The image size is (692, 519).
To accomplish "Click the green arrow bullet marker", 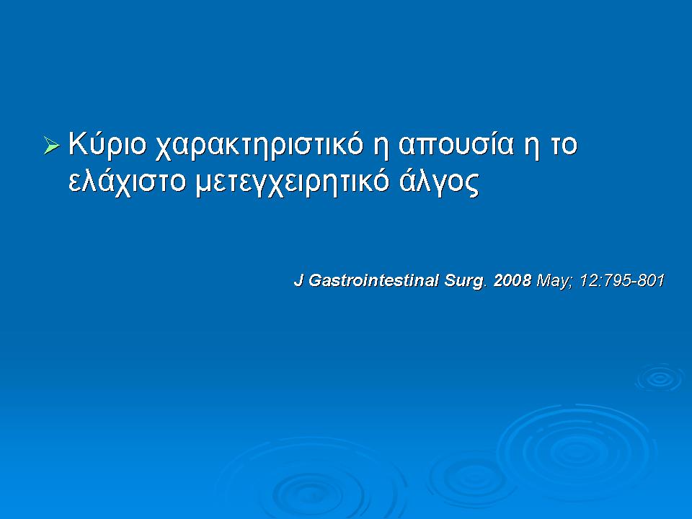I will (51, 146).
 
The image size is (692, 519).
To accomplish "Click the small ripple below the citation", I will (659, 377).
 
